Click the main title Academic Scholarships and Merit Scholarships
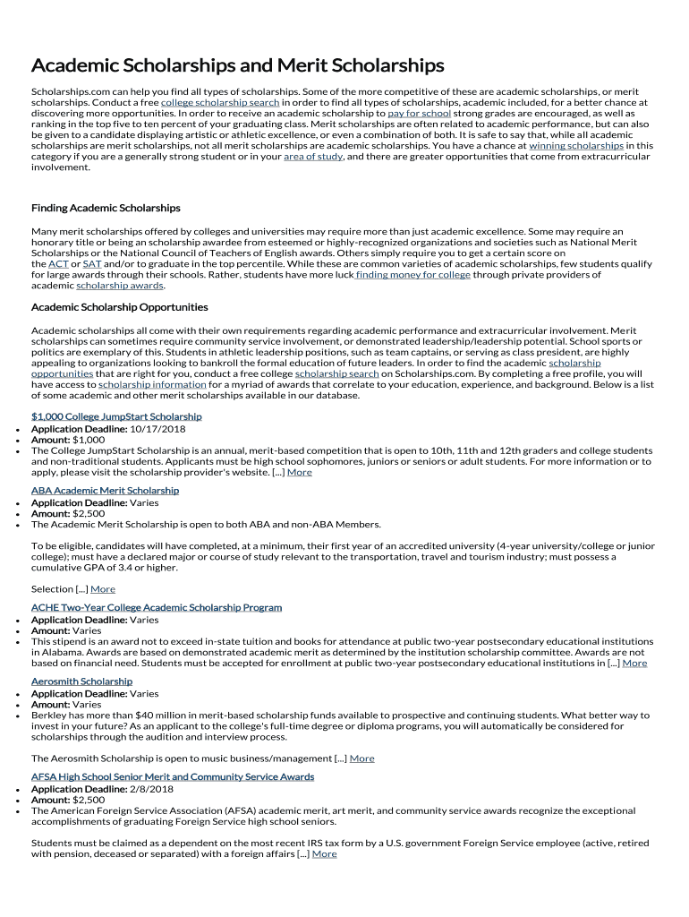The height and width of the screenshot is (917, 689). click(237, 66)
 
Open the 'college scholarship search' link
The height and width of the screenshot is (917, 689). click(220, 103)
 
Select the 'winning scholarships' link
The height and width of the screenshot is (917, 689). click(576, 145)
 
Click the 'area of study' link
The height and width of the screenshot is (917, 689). click(312, 157)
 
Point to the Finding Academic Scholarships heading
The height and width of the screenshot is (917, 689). click(106, 208)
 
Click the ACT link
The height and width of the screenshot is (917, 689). click(58, 264)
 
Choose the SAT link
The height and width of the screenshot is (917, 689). click(91, 264)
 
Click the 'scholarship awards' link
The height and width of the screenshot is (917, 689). click(120, 287)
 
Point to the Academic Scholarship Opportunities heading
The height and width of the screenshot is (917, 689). click(120, 307)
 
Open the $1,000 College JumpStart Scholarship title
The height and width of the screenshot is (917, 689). click(116, 416)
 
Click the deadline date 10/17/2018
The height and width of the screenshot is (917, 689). click(157, 429)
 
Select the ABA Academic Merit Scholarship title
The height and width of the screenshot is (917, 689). click(105, 491)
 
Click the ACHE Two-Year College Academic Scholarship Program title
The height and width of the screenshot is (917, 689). click(157, 607)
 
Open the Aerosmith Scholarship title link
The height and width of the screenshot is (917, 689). click(81, 681)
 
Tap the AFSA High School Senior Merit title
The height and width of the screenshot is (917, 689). click(173, 776)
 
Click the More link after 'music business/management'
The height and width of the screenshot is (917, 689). click(362, 758)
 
